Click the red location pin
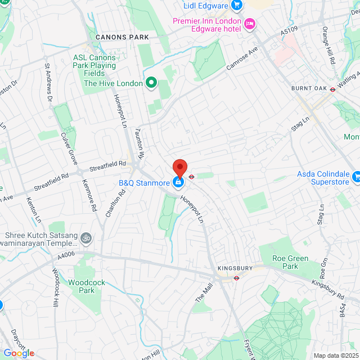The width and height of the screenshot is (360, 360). [x=179, y=168]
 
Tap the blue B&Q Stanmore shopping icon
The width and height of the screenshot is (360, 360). [x=178, y=182]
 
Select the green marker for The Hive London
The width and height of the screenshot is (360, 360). [x=151, y=83]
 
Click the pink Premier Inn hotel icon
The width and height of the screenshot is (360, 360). [x=250, y=23]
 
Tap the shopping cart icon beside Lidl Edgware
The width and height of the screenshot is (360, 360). [x=237, y=6]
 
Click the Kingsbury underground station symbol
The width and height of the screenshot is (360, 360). [x=237, y=277]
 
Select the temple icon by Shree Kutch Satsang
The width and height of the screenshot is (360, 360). [x=85, y=237]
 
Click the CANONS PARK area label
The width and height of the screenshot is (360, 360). [x=122, y=37]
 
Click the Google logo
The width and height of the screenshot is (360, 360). [x=19, y=353]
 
